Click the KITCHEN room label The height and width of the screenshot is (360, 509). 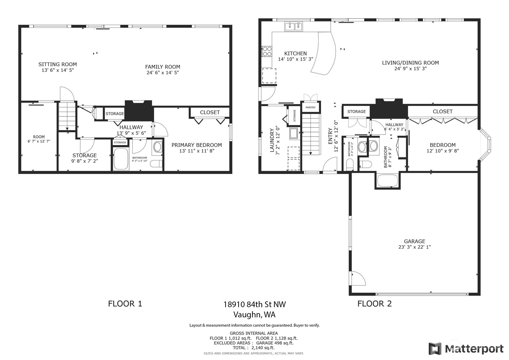[295, 54]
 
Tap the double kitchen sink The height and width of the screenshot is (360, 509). [294, 27]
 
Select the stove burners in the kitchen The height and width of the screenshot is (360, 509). [267, 51]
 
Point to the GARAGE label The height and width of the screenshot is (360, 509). [414, 241]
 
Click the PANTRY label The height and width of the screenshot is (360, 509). [310, 107]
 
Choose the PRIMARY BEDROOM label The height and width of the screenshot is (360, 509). [197, 145]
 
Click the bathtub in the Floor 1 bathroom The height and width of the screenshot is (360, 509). [121, 159]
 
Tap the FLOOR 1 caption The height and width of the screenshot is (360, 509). [125, 304]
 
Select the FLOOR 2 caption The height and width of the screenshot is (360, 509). [375, 304]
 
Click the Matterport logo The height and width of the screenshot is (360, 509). [466, 349]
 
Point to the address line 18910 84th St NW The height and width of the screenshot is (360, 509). [255, 304]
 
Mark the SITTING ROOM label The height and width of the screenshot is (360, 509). [57, 64]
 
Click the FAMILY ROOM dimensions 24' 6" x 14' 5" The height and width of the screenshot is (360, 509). [163, 73]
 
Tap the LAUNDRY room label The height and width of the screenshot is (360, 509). [272, 140]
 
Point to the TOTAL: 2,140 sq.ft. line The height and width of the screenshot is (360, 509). [254, 348]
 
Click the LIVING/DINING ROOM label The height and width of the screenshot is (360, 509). [410, 63]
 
